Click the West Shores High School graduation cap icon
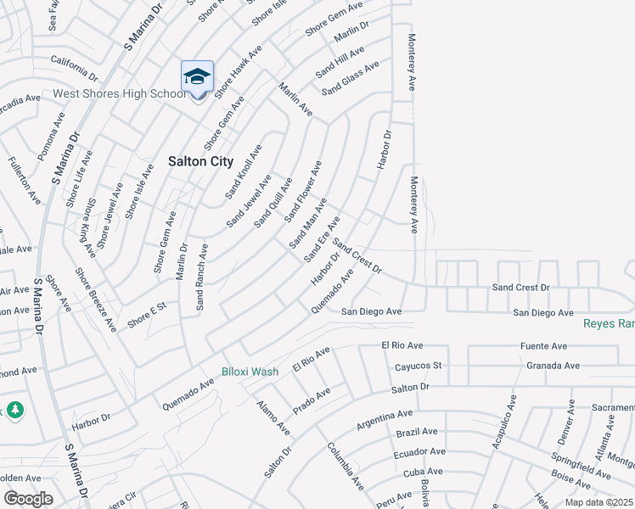[x=197, y=77]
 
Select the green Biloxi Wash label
[x=250, y=372]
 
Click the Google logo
[x=28, y=499]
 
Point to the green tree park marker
[x=15, y=411]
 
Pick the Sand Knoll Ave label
[x=244, y=171]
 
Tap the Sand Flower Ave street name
[x=303, y=192]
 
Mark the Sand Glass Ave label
[x=349, y=80]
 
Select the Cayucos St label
[x=419, y=366]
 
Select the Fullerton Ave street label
[x=24, y=180]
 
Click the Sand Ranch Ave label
[x=202, y=277]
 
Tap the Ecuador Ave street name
[x=419, y=452]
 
